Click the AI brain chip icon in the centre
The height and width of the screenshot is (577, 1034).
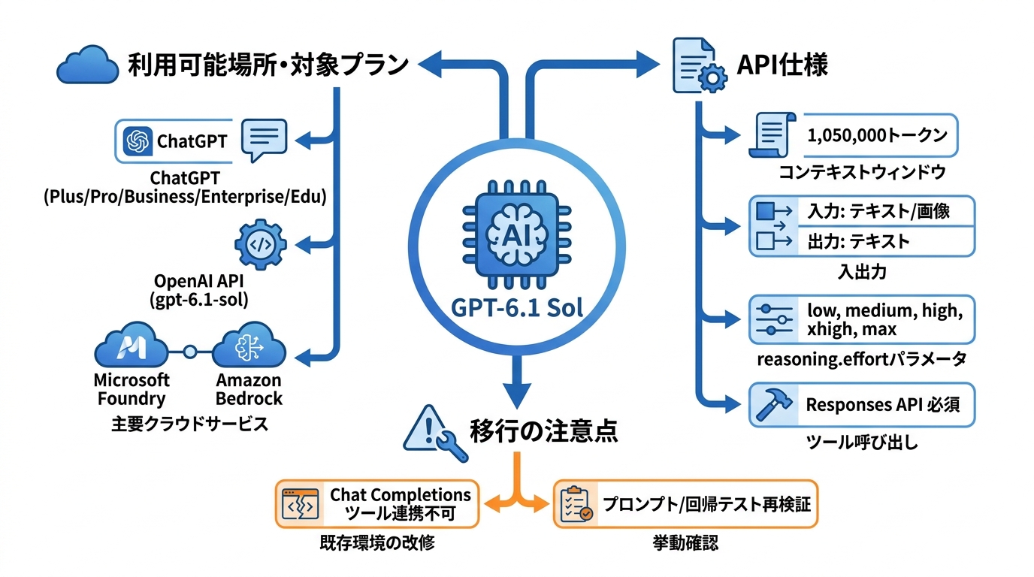[x=516, y=234]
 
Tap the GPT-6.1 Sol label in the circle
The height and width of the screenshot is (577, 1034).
[x=516, y=308]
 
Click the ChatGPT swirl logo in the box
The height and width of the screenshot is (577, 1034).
[x=138, y=140]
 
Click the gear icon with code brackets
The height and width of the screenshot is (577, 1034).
[x=260, y=244]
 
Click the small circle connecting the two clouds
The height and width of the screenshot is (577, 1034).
[x=190, y=352]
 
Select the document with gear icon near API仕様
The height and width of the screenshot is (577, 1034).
[x=699, y=65]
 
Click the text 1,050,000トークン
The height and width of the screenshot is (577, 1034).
[x=877, y=135]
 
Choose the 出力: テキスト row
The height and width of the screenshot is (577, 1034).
[x=859, y=241]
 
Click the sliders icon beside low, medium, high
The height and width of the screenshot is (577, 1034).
[x=774, y=319]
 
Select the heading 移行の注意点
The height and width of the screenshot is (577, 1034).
[x=544, y=430]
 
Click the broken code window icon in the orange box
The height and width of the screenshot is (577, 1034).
[x=300, y=504]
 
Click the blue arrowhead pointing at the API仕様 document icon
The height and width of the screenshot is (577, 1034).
[x=649, y=64]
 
